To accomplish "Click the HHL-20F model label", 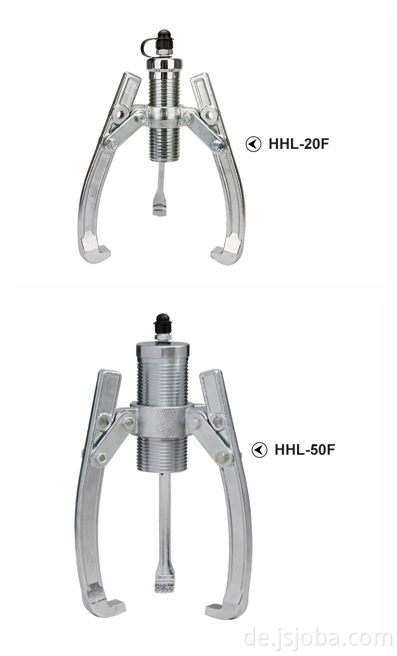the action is [x=299, y=144].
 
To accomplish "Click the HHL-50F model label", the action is [x=305, y=450].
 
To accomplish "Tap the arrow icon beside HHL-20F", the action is [x=253, y=144].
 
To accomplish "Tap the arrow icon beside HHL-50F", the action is [x=259, y=450].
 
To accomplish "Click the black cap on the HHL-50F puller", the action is [x=163, y=323].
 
